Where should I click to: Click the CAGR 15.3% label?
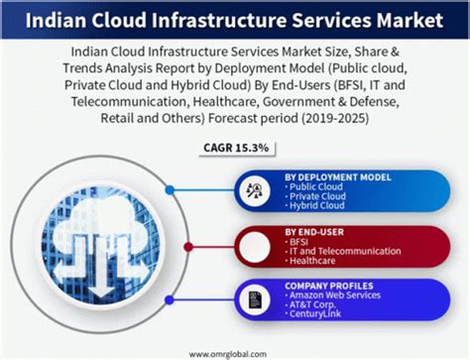point(236,149)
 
